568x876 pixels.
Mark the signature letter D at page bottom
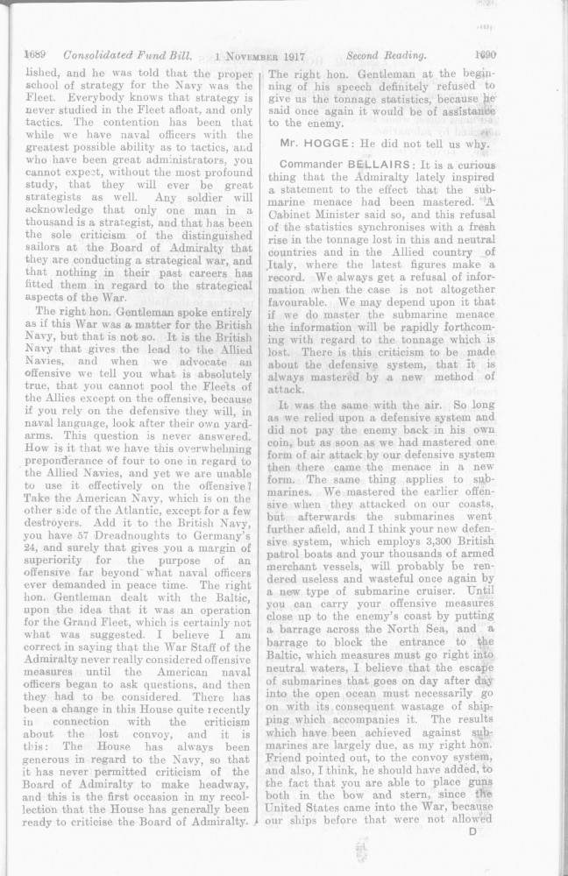(x=472, y=831)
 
